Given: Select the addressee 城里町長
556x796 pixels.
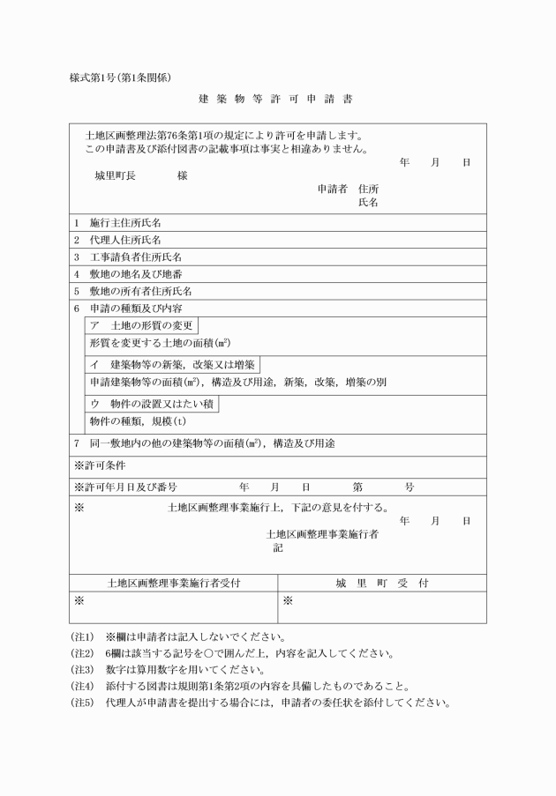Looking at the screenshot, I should (115, 175).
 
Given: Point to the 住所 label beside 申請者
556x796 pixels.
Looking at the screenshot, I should (369, 189).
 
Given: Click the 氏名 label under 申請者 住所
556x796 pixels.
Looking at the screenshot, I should (369, 203).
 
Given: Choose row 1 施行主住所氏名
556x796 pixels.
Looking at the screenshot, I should (124, 223).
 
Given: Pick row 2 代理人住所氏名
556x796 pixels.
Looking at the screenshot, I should (124, 240).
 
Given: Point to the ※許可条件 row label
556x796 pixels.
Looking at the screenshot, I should (105, 465).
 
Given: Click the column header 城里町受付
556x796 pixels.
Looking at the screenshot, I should (381, 583).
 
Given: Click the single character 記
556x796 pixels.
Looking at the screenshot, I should (277, 547).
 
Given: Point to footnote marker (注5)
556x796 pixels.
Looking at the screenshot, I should (82, 703).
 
